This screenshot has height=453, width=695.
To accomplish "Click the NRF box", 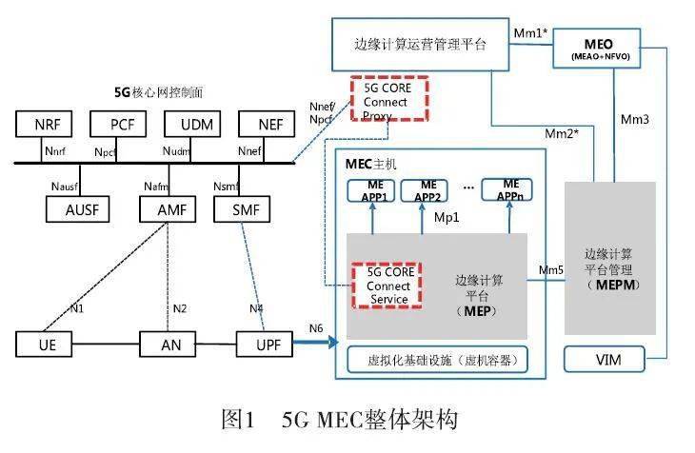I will click(x=46, y=124).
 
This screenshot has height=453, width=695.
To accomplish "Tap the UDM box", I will click(x=195, y=124).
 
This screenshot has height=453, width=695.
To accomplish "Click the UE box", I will click(x=45, y=342).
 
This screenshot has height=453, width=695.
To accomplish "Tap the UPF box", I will click(x=263, y=342).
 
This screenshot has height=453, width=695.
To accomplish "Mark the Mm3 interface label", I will click(x=635, y=120).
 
